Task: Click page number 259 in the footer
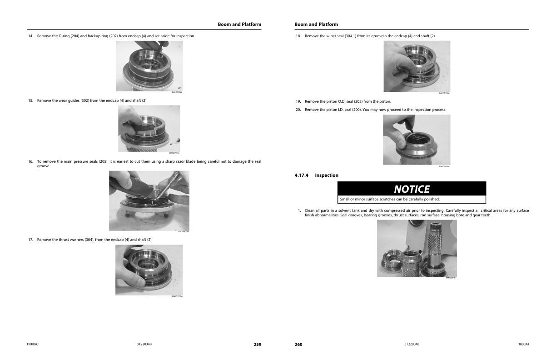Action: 257,345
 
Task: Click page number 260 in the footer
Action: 298,345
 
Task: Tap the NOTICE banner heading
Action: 411,189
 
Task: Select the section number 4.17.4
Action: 302,175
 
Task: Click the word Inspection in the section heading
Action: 327,175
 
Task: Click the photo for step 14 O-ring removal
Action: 149,66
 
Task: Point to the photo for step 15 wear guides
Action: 149,129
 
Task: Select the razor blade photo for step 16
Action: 149,200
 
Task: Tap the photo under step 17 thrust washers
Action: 149,270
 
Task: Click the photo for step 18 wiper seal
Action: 417,66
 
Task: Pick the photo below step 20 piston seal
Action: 417,140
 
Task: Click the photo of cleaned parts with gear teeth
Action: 417,248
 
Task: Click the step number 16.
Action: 31,161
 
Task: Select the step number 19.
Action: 298,101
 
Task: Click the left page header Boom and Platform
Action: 239,24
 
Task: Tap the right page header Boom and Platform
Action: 316,24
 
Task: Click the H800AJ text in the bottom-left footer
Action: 33,344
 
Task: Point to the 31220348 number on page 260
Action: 412,344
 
